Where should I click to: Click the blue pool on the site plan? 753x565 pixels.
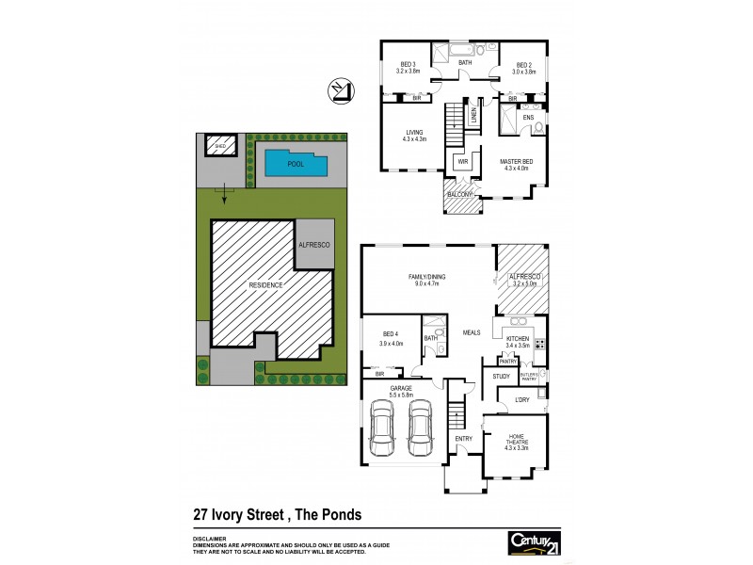296,164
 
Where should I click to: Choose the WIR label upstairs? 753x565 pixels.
462,161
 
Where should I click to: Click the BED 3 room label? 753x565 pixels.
407,64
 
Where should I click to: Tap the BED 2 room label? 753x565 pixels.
523,64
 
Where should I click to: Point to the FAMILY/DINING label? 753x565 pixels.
426,276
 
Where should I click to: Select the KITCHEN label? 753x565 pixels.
519,338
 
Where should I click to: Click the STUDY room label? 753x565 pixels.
501,377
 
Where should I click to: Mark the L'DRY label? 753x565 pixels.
522,400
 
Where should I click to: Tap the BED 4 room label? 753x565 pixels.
392,334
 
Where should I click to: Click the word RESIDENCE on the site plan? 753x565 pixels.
266,283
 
